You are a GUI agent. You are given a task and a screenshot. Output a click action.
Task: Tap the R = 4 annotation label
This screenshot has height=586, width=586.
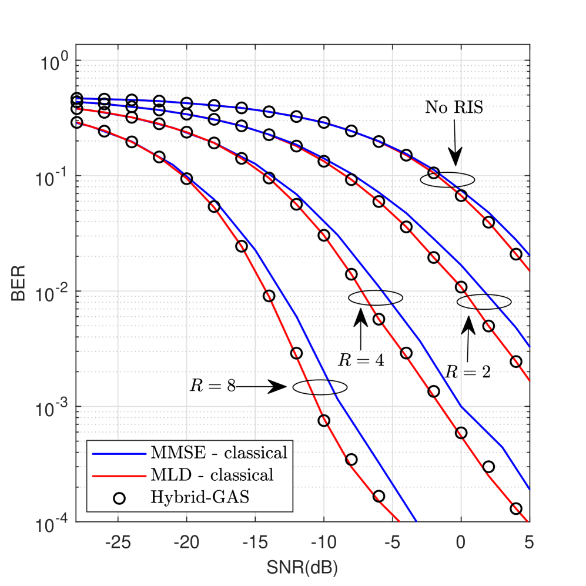pyautogui.click(x=360, y=359)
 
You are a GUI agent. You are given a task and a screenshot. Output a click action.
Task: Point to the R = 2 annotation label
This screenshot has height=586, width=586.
pyautogui.click(x=467, y=371)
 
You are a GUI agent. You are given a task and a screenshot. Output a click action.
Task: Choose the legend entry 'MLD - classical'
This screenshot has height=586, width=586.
pyautogui.click(x=213, y=475)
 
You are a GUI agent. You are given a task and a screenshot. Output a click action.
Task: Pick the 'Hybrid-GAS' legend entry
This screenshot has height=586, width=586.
pyautogui.click(x=197, y=498)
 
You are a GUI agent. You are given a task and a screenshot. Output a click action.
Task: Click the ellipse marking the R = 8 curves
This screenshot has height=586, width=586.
pyautogui.click(x=320, y=387)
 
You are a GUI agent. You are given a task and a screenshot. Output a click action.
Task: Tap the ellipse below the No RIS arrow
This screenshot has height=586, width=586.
pyautogui.click(x=447, y=180)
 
